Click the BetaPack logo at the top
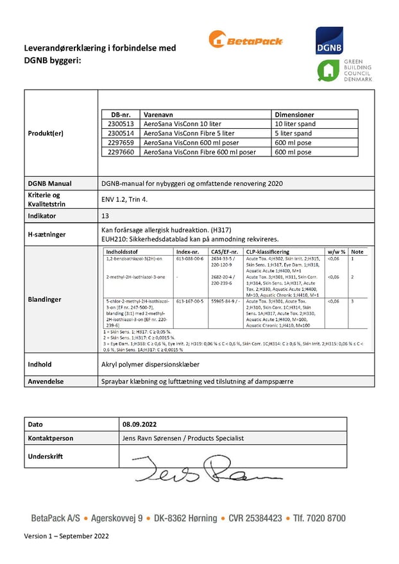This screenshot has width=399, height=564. coord(245,40)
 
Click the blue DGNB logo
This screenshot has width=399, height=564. coord(329,40)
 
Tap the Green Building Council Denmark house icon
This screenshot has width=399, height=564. coord(329,70)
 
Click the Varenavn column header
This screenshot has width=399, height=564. coord(158,114)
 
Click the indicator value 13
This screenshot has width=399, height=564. coord(106,216)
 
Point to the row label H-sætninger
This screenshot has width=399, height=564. coord(47,235)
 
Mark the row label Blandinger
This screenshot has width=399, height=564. coord(45,299)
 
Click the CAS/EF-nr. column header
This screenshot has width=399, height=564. coord(225,253)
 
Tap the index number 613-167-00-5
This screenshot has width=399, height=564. coord(190,301)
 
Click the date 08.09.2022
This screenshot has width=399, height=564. coord(139,424)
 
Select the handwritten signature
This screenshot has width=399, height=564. coord(205,469)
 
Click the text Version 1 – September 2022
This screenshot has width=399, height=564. coord(67,536)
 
